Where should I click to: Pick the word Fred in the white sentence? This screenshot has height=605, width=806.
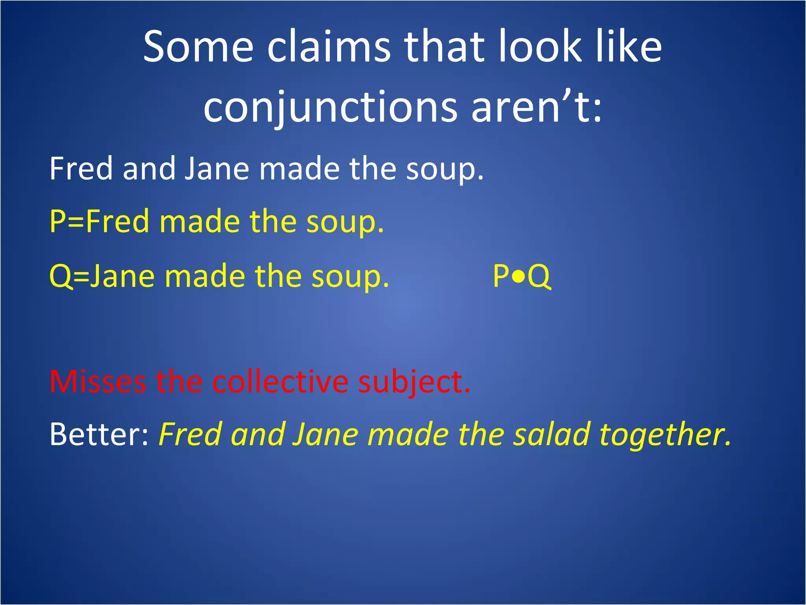click(x=81, y=169)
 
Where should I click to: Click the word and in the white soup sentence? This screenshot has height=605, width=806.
click(x=149, y=169)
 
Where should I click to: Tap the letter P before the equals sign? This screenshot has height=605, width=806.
click(x=57, y=221)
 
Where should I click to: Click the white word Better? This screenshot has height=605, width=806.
click(x=99, y=434)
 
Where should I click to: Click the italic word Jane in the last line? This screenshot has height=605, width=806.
click(x=325, y=434)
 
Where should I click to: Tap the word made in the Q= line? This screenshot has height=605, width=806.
click(x=205, y=277)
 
